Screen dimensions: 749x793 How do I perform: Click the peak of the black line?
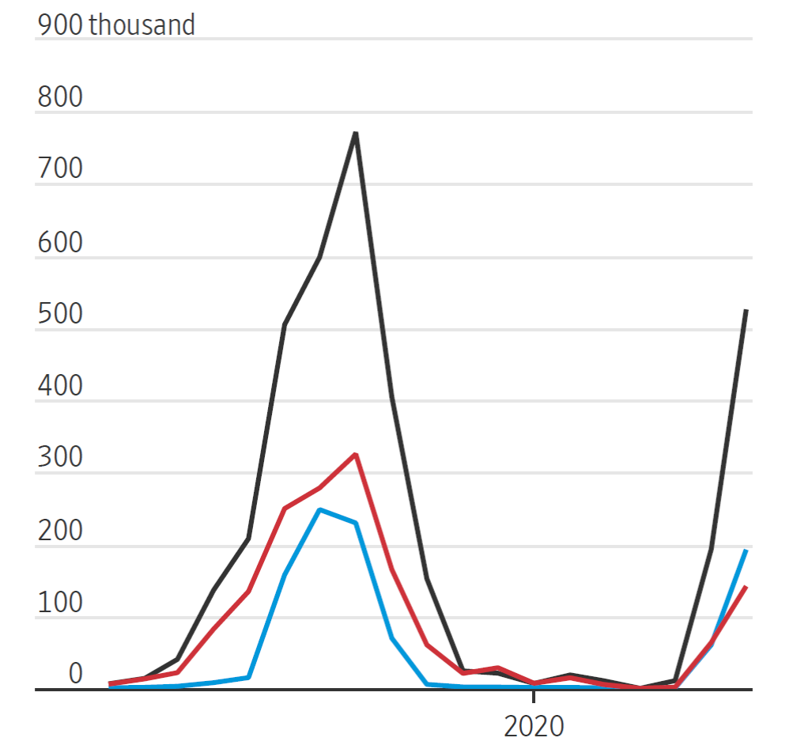point(356,133)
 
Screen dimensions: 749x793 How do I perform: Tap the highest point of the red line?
point(357,454)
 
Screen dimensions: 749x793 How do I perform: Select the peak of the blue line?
point(319,509)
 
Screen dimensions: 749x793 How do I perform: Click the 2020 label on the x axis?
point(534,725)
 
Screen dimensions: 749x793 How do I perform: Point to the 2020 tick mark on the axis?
point(534,696)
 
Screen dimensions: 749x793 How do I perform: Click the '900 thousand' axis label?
point(115,25)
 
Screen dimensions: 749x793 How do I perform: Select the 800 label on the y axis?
point(59,98)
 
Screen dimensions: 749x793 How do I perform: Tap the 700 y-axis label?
point(59,170)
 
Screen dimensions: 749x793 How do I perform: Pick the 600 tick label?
point(59,242)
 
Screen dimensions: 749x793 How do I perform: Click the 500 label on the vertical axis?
point(59,314)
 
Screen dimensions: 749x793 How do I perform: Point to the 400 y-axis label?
point(59,386)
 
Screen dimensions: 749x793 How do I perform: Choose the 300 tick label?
point(59,458)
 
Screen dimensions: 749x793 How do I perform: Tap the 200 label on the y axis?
point(59,530)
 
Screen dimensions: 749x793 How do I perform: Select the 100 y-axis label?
point(59,602)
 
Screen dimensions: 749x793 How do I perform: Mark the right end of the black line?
point(746,311)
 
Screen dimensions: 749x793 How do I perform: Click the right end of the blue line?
point(746,550)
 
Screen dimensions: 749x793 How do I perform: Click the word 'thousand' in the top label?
point(142,25)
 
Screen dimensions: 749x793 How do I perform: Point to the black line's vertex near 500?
point(284,325)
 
